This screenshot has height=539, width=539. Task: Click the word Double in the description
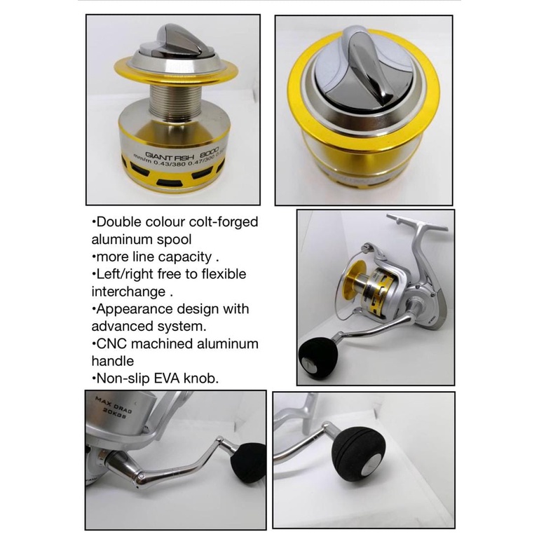click(119, 222)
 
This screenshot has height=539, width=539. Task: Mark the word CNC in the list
click(111, 343)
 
